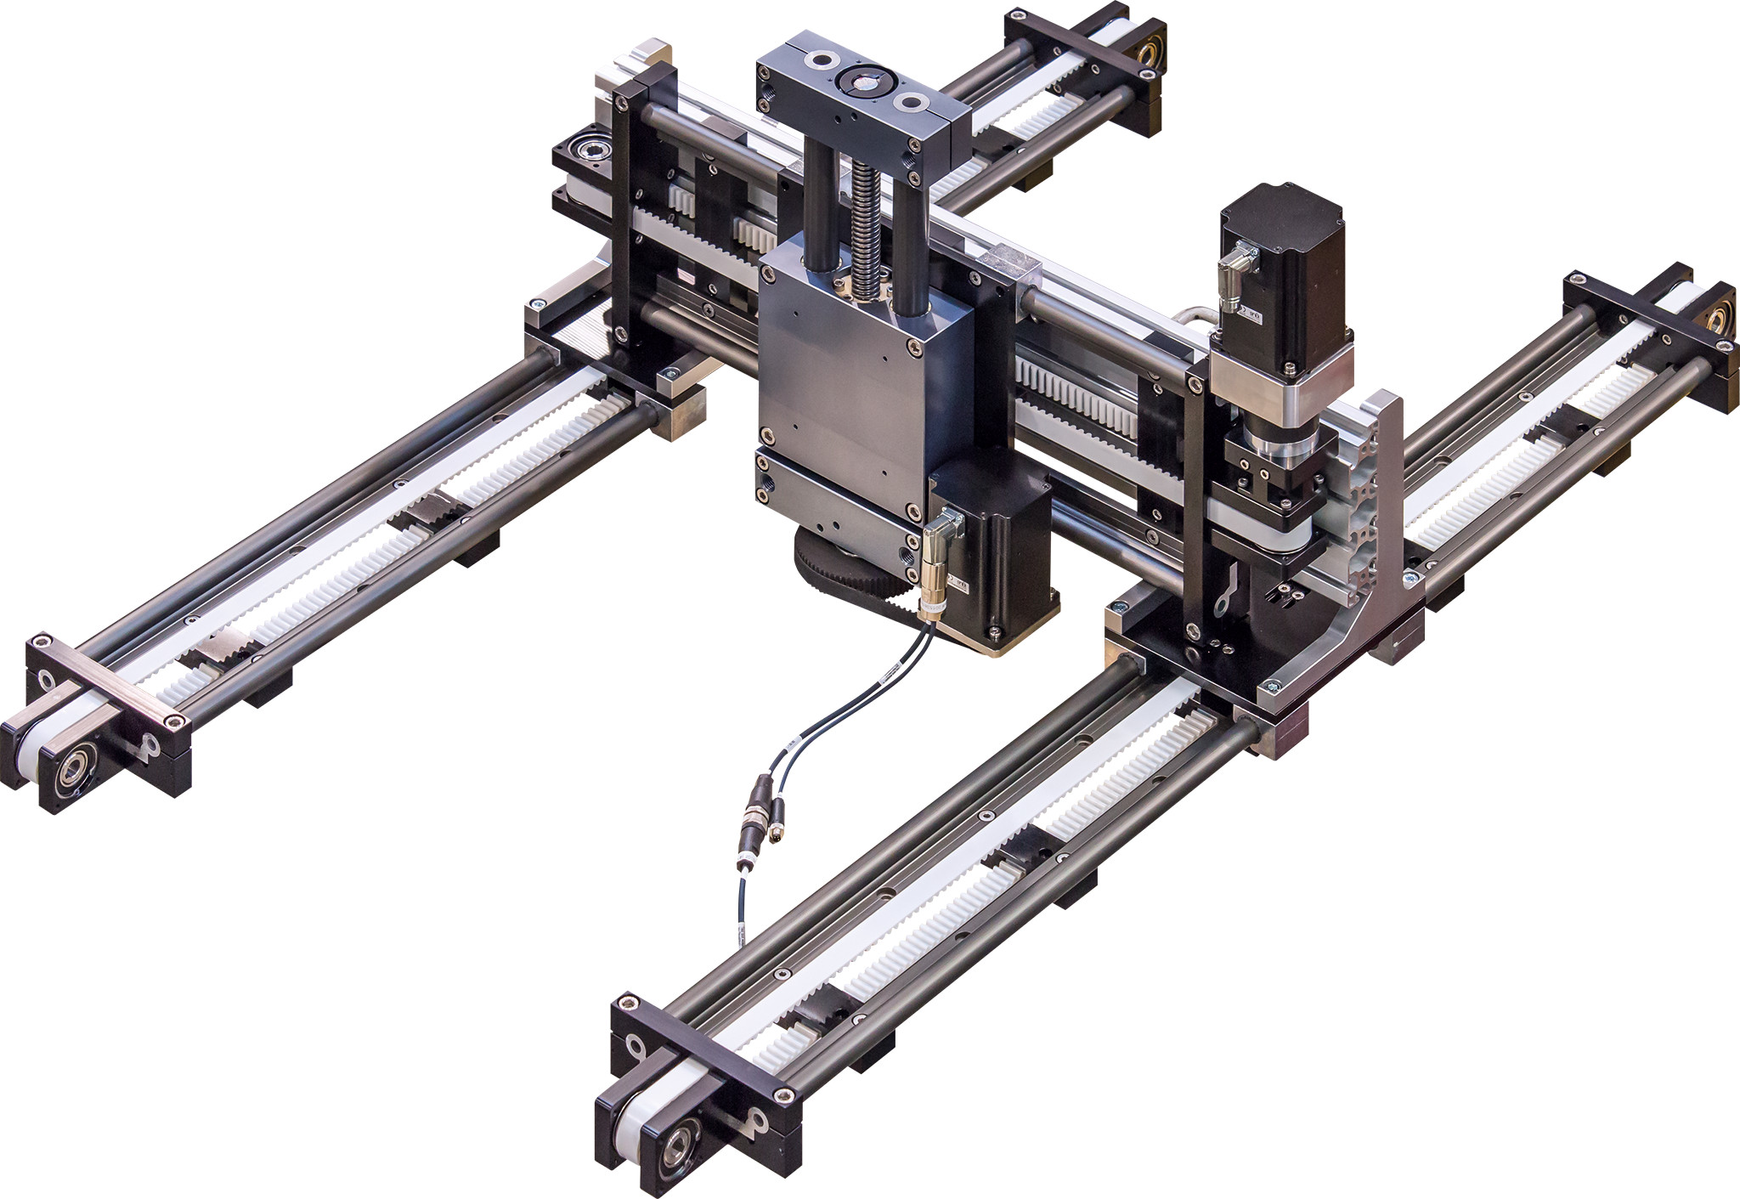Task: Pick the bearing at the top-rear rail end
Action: (1147, 56)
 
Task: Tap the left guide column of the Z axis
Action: (820, 204)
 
